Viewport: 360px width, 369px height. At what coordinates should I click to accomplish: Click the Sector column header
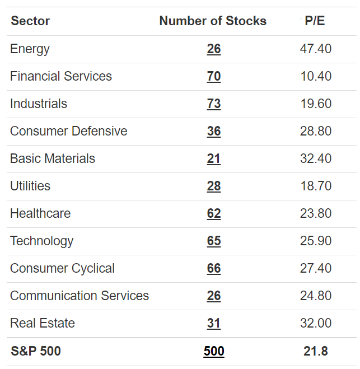pyautogui.click(x=30, y=21)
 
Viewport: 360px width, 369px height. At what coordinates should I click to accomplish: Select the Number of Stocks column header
pyautogui.click(x=213, y=21)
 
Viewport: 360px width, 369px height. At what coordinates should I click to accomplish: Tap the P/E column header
pyautogui.click(x=315, y=21)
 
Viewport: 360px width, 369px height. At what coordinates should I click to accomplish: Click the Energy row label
pyautogui.click(x=30, y=49)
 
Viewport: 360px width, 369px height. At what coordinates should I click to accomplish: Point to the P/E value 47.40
pyautogui.click(x=316, y=49)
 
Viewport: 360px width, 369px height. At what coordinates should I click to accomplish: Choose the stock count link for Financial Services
pyautogui.click(x=214, y=76)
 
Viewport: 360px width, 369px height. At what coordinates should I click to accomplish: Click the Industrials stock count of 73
pyautogui.click(x=214, y=104)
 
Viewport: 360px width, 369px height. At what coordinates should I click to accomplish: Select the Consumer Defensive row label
pyautogui.click(x=68, y=131)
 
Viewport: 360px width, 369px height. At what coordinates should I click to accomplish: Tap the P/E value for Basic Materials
pyautogui.click(x=316, y=158)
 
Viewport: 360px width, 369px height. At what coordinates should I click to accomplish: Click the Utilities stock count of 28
pyautogui.click(x=214, y=186)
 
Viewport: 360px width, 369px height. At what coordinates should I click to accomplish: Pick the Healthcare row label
pyautogui.click(x=40, y=213)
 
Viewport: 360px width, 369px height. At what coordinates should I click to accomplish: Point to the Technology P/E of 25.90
pyautogui.click(x=316, y=241)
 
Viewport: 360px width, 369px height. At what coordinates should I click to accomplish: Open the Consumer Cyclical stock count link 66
pyautogui.click(x=214, y=268)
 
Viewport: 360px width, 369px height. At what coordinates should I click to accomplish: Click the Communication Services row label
pyautogui.click(x=80, y=296)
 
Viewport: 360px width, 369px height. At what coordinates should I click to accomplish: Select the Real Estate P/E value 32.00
pyautogui.click(x=316, y=323)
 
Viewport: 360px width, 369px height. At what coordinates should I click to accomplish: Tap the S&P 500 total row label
pyautogui.click(x=36, y=351)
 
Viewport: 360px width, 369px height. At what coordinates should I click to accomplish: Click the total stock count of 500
pyautogui.click(x=214, y=351)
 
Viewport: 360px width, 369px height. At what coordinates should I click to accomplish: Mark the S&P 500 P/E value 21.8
pyautogui.click(x=316, y=351)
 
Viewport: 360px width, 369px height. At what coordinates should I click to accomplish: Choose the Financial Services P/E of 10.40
pyautogui.click(x=316, y=76)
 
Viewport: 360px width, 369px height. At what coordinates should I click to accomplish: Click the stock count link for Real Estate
pyautogui.click(x=214, y=323)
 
